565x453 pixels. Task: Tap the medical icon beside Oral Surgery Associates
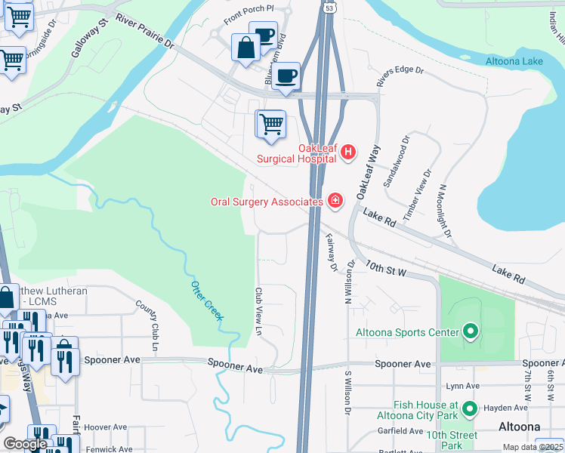click(335, 201)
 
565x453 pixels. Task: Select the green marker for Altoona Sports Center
click(470, 331)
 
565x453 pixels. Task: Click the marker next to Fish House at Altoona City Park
click(470, 409)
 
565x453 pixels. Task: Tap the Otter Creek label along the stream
click(206, 300)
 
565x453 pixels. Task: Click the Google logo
click(25, 444)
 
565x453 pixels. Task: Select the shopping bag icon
click(246, 49)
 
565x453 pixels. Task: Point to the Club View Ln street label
click(258, 310)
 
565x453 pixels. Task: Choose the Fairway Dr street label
click(330, 251)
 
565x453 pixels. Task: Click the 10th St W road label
click(386, 268)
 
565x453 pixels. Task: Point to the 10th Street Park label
click(451, 441)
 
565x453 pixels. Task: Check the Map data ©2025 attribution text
click(533, 447)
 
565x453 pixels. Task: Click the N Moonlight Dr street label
click(444, 211)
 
